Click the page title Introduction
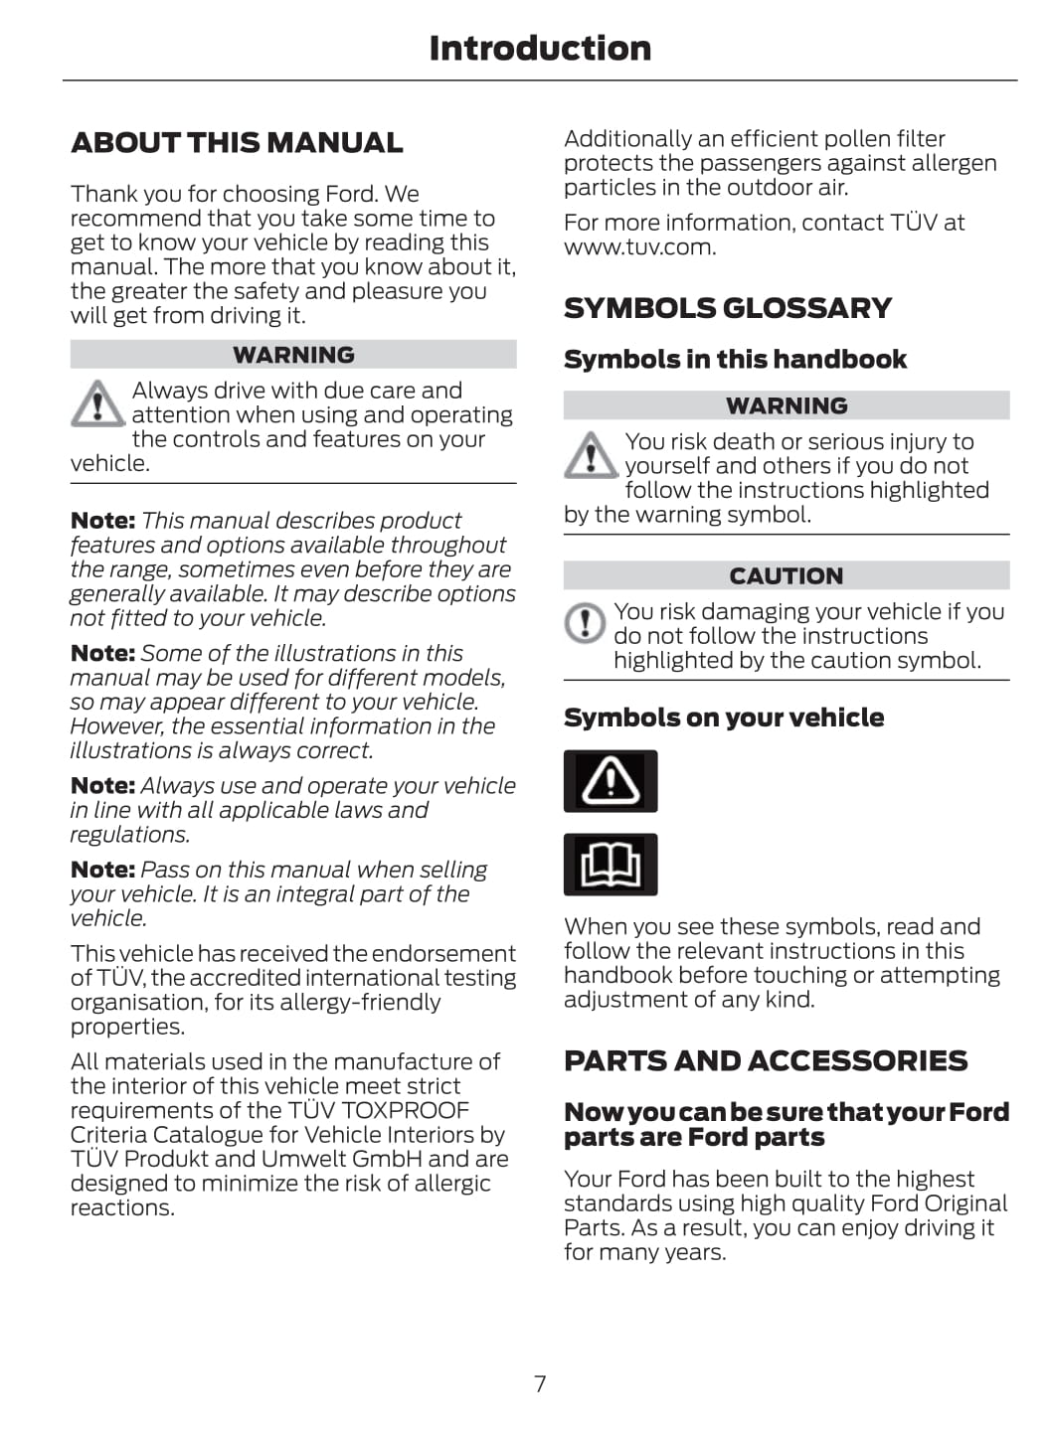(539, 48)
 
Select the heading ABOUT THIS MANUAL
(237, 143)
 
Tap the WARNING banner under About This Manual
(293, 355)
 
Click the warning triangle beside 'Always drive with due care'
(96, 403)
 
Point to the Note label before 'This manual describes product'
(102, 521)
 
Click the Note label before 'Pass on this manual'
(102, 870)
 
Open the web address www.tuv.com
(638, 247)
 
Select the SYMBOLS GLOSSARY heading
(727, 308)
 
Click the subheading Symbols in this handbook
(735, 360)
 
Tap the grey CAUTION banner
(786, 576)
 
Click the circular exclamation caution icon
(585, 623)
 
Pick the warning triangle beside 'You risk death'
(591, 455)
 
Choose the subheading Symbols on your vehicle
(723, 718)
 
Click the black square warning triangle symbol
(611, 781)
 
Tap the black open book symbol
(611, 865)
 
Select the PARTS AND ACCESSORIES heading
(765, 1061)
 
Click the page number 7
(540, 1383)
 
